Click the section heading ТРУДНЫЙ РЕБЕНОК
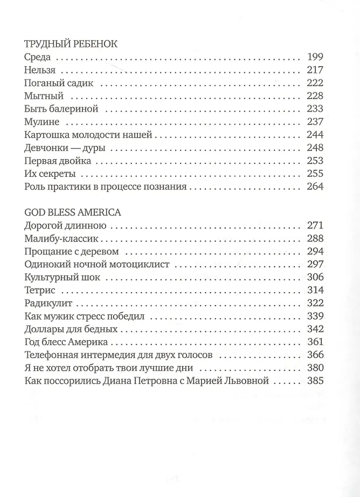point(72,44)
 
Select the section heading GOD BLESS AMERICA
point(73,212)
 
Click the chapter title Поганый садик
point(59,83)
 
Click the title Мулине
point(42,122)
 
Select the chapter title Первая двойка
point(58,161)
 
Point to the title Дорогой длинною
point(66,225)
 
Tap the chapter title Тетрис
point(40,290)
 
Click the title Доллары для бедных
point(71,330)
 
